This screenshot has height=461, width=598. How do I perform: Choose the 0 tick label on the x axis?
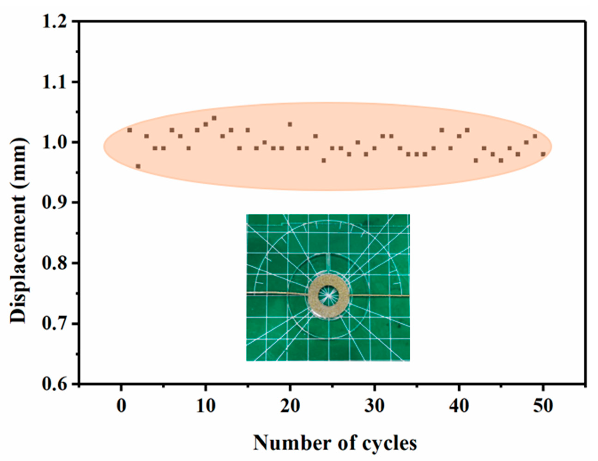click(x=121, y=406)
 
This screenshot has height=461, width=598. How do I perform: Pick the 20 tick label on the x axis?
click(x=290, y=406)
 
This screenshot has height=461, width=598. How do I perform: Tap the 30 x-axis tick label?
click(x=374, y=406)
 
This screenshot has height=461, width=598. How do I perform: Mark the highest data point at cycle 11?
click(x=214, y=118)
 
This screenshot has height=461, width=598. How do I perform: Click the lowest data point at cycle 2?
click(x=138, y=166)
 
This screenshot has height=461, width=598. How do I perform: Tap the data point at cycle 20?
click(x=290, y=124)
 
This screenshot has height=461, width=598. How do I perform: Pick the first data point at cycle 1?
click(x=130, y=130)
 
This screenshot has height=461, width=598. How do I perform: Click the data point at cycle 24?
click(x=324, y=160)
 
